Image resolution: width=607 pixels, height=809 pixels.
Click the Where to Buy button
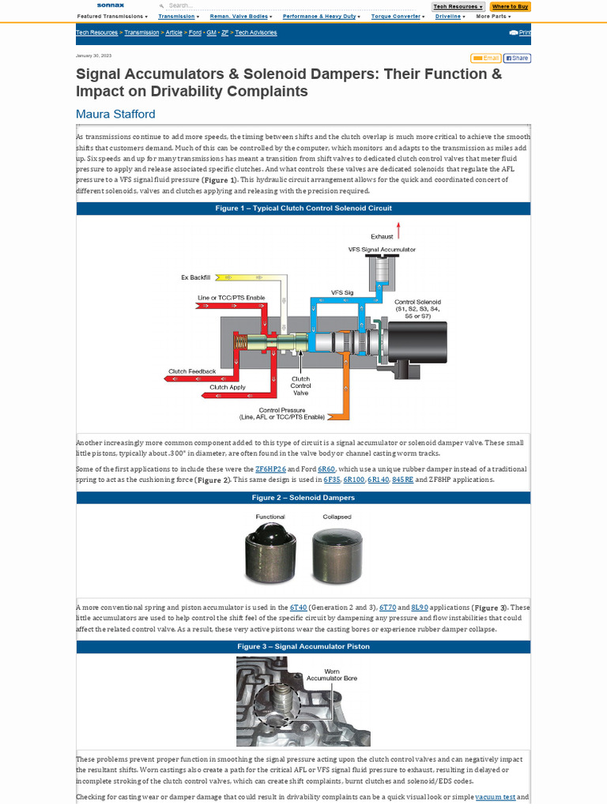click(510, 6)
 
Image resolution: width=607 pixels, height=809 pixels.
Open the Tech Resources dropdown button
click(458, 6)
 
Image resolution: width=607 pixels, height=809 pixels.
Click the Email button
click(485, 58)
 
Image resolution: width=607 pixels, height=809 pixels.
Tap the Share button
click(517, 58)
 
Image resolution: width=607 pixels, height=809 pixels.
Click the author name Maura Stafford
click(115, 114)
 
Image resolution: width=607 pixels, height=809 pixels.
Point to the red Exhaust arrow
click(399, 230)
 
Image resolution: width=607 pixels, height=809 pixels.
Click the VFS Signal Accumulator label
click(382, 249)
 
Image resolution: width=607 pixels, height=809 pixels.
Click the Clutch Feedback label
click(187, 371)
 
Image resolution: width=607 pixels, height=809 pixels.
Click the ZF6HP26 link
click(270, 468)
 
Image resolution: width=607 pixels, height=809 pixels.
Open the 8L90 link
click(420, 607)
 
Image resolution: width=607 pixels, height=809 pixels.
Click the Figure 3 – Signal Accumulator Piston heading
click(303, 646)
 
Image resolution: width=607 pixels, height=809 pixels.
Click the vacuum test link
click(495, 796)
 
